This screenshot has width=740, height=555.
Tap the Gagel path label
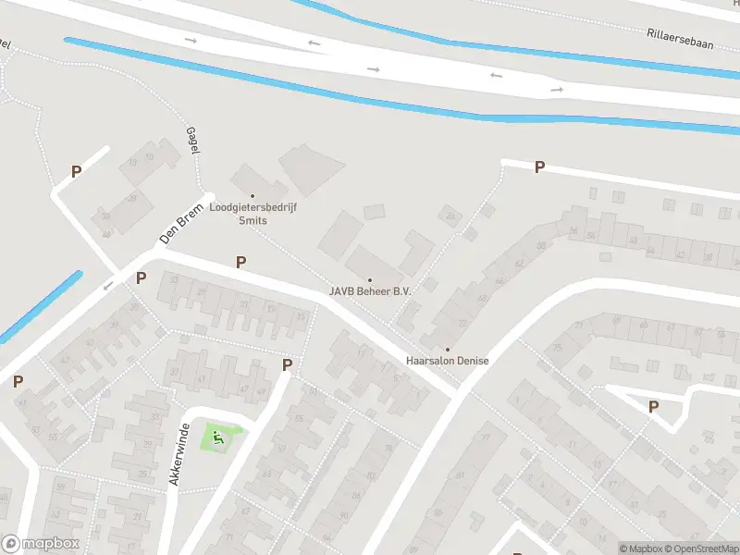point(193,142)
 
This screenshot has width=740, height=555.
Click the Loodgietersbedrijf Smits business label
point(253,215)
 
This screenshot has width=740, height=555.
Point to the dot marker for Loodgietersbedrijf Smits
point(253,196)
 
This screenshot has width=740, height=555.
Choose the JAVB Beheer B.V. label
point(370,290)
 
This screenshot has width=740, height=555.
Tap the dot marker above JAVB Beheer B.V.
point(370,279)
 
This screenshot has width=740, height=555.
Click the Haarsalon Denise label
point(448,360)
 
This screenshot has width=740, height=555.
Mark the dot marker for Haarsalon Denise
point(448,349)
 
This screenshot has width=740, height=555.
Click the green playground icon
point(218,436)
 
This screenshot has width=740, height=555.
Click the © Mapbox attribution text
point(640,549)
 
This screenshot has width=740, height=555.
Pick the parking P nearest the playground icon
point(287,365)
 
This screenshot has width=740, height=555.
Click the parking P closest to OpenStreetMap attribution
point(653,407)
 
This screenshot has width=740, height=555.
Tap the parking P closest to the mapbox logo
point(18,381)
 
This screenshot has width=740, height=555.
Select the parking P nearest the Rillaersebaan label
point(539,167)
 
